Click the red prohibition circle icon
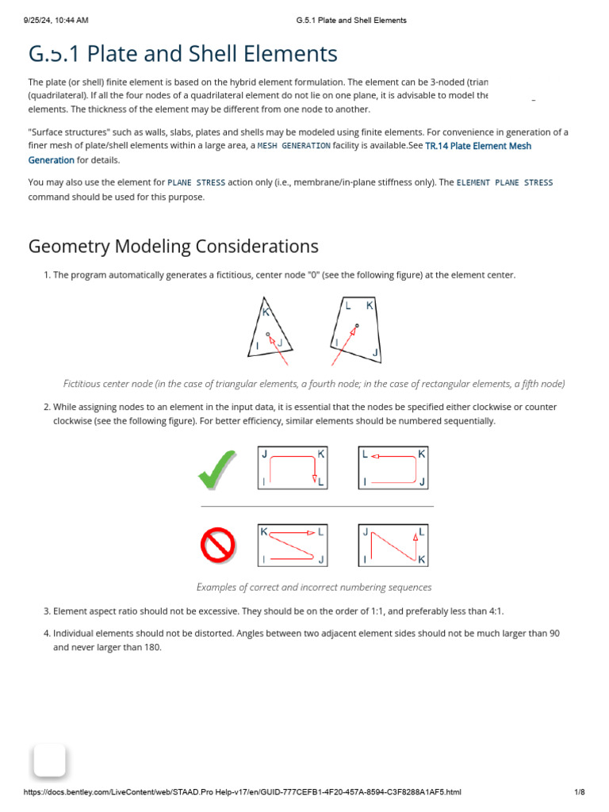[216, 545]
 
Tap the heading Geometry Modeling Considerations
[174, 246]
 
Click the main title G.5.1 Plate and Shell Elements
[182, 54]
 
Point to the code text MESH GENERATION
[294, 146]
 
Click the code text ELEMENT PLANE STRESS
[504, 182]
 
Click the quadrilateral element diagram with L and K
[356, 327]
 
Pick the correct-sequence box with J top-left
[293, 468]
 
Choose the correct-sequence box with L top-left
[393, 468]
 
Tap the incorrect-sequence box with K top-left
[293, 545]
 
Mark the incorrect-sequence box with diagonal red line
[393, 545]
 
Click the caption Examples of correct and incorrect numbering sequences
[314, 588]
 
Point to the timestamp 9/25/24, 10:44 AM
[56, 21]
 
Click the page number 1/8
[579, 792]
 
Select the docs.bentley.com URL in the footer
[243, 792]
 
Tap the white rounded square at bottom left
[49, 760]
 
